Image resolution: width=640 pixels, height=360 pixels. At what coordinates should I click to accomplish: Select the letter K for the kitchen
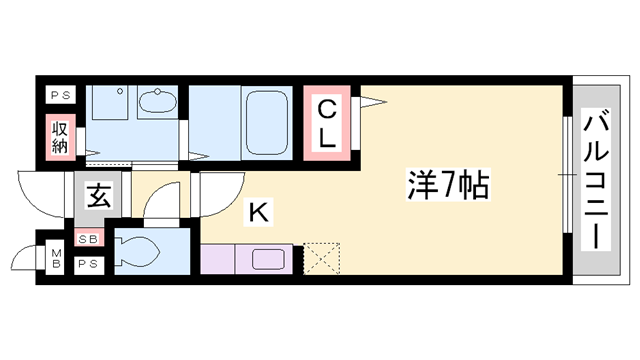[257, 211]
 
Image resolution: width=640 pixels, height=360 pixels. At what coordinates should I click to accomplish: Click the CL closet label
[328, 121]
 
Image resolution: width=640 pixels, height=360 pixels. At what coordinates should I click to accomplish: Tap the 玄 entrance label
[97, 195]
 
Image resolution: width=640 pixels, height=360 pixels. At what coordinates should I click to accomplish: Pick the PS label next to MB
[88, 264]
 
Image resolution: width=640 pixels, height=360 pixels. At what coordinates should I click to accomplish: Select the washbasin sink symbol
[155, 103]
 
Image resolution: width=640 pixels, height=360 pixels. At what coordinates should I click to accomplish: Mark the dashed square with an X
[324, 258]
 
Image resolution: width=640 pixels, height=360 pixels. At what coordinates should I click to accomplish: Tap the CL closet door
[368, 99]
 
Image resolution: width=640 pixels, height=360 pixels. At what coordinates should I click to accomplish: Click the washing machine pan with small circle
[106, 112]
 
